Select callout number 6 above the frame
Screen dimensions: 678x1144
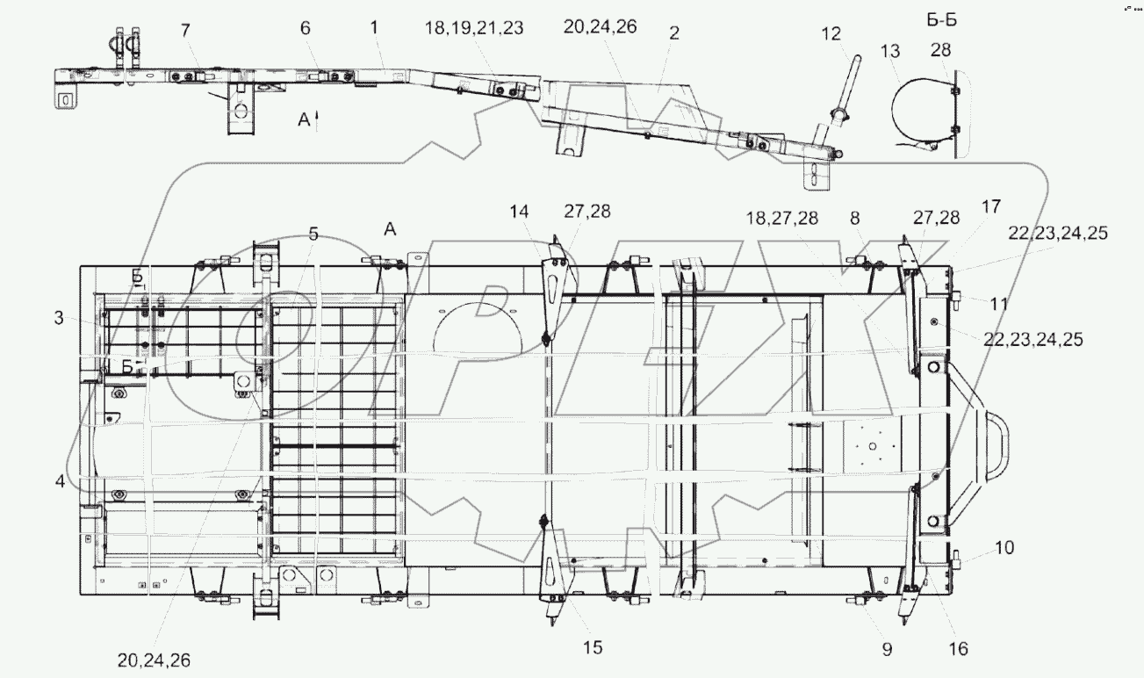point(306,28)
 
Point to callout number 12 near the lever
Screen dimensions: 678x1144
point(830,34)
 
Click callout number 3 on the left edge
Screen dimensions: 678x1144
point(58,319)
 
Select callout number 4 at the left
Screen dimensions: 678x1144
point(58,481)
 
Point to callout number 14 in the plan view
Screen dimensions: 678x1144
point(519,212)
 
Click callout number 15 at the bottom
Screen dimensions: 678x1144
point(593,648)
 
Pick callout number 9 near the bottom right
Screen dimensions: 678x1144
point(887,649)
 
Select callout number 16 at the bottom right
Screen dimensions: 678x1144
point(958,649)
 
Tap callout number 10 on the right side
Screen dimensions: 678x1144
point(1004,548)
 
